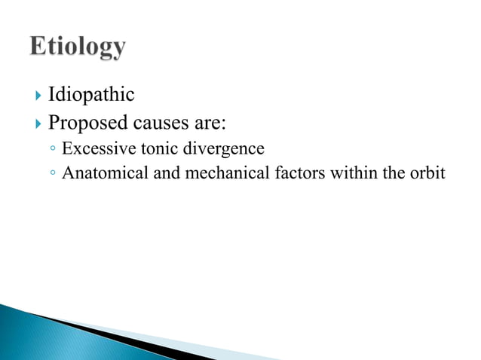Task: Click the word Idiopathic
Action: pyautogui.click(x=91, y=95)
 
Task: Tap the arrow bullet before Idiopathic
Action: pyautogui.click(x=37, y=96)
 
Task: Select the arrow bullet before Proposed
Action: pyautogui.click(x=37, y=121)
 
